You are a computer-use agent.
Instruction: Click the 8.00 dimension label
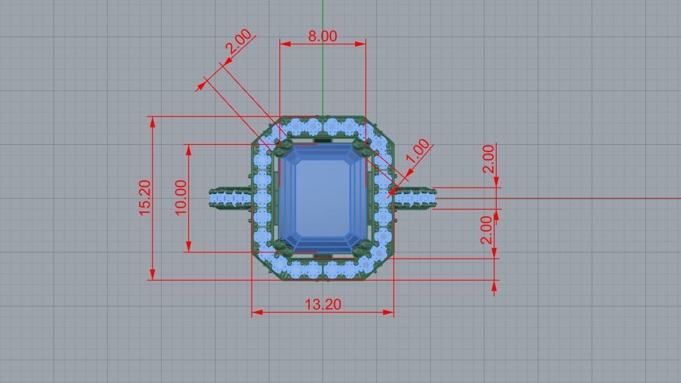coord(322,36)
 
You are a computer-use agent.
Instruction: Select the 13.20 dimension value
coord(323,304)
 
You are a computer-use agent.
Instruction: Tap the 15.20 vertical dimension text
coord(145,198)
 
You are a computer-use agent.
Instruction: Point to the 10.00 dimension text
coord(180,197)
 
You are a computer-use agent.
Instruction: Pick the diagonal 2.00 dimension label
coord(239,44)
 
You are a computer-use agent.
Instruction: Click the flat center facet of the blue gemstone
coord(321,197)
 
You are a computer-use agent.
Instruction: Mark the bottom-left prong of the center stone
coord(281,246)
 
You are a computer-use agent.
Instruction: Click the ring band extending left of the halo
coord(230,198)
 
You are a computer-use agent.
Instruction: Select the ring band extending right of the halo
coord(414,198)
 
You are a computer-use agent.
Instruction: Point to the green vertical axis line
coord(322,65)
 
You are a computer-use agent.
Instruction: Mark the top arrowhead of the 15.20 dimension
coord(153,122)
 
